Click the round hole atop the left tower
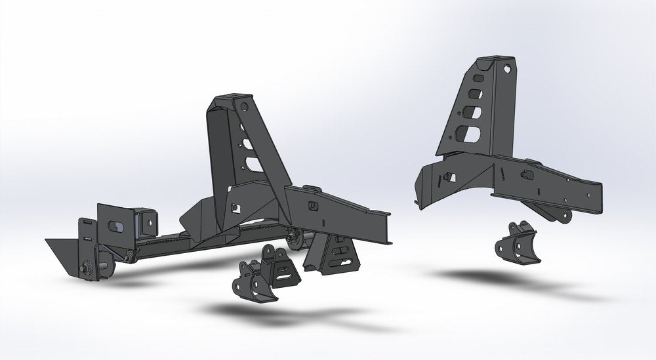[x=243, y=106]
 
